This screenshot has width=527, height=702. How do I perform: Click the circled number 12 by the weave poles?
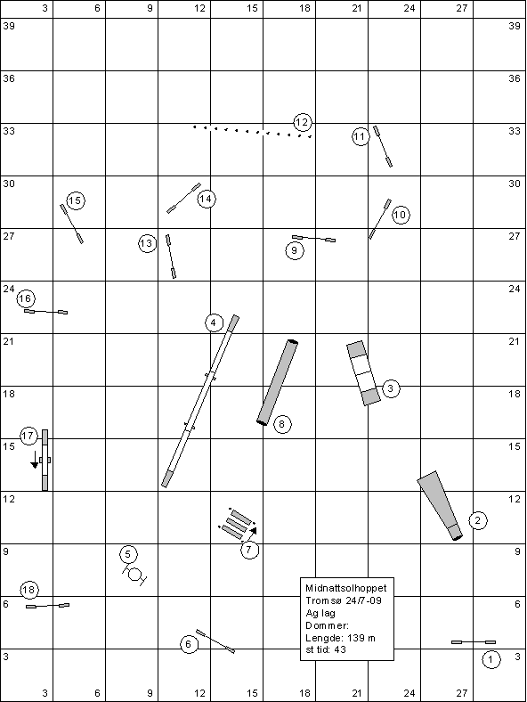click(303, 122)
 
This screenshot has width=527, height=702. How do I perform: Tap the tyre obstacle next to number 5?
click(134, 574)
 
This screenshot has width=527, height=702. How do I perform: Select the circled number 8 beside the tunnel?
click(281, 424)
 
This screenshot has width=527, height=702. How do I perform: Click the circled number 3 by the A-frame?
click(391, 388)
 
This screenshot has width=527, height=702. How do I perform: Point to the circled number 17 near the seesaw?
click(28, 436)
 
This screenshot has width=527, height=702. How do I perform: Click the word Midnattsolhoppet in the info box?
click(345, 588)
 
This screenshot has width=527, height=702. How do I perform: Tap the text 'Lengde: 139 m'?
click(340, 638)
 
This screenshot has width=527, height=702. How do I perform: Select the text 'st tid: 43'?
click(326, 649)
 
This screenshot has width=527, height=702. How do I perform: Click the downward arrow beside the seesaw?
click(35, 460)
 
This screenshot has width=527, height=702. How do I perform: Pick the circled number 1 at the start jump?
click(491, 659)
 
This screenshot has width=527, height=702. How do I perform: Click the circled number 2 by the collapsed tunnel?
click(478, 520)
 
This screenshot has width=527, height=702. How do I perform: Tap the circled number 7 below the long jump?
click(249, 550)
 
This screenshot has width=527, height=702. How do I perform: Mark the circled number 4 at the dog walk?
click(214, 322)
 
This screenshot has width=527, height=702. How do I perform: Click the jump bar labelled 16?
click(46, 311)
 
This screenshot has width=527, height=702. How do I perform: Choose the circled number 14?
click(206, 199)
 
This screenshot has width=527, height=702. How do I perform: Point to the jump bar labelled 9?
click(314, 239)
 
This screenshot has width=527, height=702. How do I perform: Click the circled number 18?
click(28, 590)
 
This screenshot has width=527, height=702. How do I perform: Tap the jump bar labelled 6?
click(215, 641)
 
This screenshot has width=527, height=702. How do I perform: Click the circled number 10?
click(401, 215)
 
